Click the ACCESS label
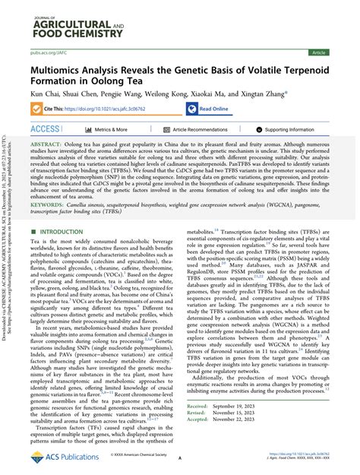(x=46, y=130)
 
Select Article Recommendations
(x=198, y=130)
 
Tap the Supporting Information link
(x=293, y=130)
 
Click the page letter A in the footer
(x=179, y=459)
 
